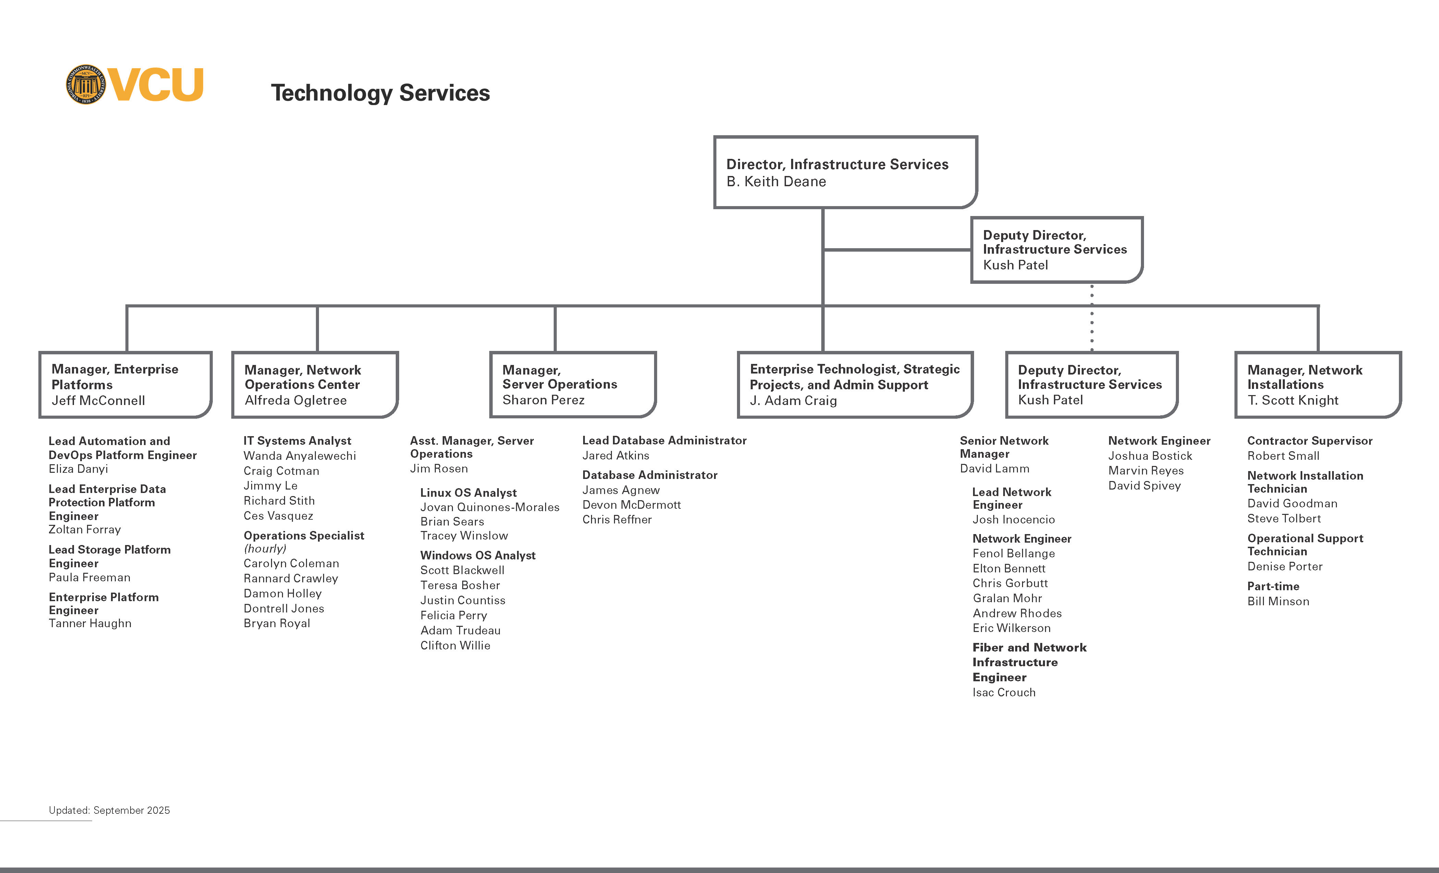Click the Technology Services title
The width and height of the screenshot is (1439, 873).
[380, 93]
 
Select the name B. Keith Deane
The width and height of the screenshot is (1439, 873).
[776, 181]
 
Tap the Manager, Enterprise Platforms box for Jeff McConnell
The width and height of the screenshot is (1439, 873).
[125, 384]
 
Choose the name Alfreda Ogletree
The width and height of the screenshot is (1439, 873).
[295, 400]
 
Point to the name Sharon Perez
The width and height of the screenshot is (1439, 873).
[543, 400]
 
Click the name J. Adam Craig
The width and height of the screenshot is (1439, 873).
[793, 400]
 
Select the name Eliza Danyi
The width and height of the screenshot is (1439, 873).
[78, 469]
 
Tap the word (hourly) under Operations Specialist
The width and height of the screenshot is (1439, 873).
[265, 548]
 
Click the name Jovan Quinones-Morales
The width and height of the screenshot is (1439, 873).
[489, 507]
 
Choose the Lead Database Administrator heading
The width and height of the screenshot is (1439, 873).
[664, 441]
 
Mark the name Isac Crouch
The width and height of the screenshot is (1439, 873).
[1004, 693]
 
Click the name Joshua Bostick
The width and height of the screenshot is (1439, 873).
[1150, 456]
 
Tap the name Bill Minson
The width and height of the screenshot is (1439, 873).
[1278, 602]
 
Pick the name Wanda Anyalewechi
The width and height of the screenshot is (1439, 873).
[299, 456]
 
